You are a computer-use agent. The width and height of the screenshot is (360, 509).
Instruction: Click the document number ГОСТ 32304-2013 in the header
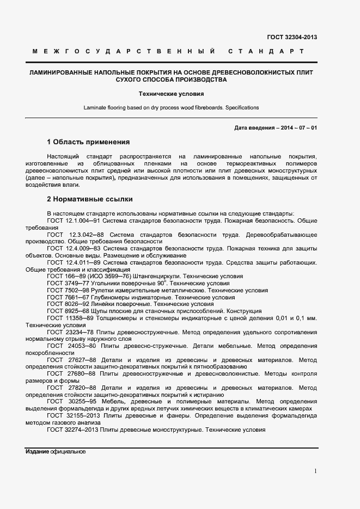(x=292, y=37)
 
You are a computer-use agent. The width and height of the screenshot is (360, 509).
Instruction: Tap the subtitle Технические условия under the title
(x=171, y=94)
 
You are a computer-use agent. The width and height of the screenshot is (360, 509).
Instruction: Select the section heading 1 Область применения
(x=88, y=142)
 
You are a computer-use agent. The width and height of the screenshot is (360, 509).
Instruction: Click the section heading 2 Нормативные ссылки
(x=90, y=199)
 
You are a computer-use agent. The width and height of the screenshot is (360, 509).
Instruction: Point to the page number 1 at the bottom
(x=315, y=471)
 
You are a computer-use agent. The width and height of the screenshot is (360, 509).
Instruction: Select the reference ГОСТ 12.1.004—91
(x=74, y=220)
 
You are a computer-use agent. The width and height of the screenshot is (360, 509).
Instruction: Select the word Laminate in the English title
(x=95, y=107)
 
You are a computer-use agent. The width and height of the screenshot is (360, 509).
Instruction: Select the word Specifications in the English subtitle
(x=242, y=107)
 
